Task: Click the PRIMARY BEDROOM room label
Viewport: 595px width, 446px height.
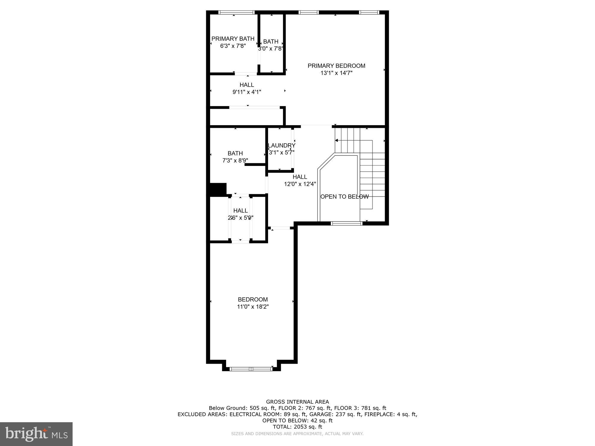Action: [x=336, y=66]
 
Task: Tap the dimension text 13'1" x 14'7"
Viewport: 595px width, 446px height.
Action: [x=336, y=73]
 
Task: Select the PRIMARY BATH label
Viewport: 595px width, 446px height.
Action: [x=233, y=39]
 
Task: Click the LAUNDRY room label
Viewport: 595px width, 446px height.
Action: [x=281, y=145]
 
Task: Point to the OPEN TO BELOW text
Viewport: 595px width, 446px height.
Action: [x=344, y=197]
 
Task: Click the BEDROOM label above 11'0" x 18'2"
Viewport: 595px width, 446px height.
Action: [x=253, y=299]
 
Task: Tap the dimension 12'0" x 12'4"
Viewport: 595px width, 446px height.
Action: [x=300, y=184]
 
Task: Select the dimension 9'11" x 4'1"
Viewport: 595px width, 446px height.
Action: [x=247, y=92]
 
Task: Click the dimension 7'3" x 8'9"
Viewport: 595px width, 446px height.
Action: [x=235, y=161]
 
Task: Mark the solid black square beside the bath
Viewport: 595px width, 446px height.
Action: [x=218, y=189]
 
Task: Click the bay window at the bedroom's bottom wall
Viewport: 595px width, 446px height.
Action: [x=251, y=369]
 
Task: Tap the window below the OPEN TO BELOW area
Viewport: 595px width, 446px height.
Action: [x=346, y=223]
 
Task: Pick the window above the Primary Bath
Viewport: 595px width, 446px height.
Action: [x=236, y=12]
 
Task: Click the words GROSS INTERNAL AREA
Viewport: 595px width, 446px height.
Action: [x=297, y=402]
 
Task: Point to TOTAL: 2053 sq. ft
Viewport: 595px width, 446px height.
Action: [x=297, y=427]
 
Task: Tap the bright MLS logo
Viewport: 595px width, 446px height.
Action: [x=36, y=434]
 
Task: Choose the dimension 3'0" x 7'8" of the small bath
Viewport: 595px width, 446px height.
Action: [x=270, y=48]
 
